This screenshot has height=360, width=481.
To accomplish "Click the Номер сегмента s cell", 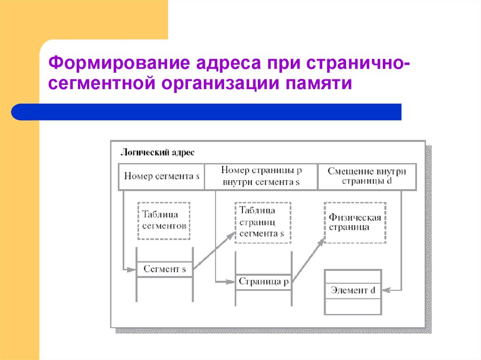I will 161,177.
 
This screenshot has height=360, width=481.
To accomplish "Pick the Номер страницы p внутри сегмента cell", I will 261,177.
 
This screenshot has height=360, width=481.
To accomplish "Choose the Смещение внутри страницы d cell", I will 366,177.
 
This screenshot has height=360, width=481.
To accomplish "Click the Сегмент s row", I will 164,269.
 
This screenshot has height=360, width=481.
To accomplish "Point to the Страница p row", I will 263,282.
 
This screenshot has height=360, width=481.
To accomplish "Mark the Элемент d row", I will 352,291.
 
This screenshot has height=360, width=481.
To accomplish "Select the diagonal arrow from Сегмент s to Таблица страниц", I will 214,251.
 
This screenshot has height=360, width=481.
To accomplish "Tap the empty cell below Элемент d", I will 352,306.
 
